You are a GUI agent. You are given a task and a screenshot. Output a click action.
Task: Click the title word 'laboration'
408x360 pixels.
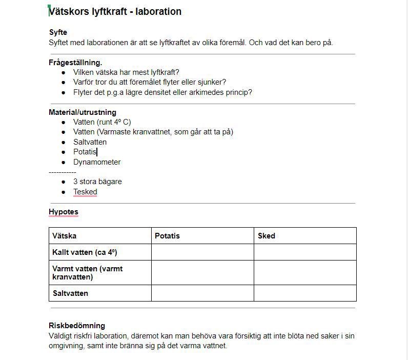click(x=158, y=11)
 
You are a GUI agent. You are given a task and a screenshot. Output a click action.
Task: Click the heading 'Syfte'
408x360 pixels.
click(x=58, y=32)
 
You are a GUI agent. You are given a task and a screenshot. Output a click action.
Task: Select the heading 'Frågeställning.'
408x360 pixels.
click(x=75, y=63)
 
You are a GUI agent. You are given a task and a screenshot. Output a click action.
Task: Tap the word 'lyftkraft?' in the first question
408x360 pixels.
click(x=163, y=72)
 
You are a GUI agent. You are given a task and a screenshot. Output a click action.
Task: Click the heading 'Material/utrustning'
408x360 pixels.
click(x=83, y=112)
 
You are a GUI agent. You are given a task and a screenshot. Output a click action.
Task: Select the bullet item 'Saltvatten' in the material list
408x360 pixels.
click(x=90, y=142)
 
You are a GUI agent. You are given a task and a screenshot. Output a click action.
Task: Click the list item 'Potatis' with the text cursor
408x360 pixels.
click(x=85, y=152)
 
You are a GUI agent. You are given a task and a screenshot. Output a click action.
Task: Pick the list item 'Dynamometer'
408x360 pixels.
click(x=97, y=162)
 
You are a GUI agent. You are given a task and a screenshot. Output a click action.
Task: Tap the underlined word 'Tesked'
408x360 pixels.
click(x=85, y=192)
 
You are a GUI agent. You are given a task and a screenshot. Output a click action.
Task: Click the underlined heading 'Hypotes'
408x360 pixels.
click(x=64, y=211)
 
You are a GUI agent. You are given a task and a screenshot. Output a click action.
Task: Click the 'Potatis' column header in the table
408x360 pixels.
click(x=167, y=236)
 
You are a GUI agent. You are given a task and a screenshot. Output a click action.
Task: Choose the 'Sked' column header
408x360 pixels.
click(x=267, y=236)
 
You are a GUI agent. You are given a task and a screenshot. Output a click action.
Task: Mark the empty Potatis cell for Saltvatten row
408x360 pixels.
click(x=202, y=293)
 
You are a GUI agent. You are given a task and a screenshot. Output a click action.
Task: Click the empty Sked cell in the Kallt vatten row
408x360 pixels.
click(x=305, y=252)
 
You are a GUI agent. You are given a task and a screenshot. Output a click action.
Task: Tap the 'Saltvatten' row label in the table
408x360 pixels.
click(x=70, y=293)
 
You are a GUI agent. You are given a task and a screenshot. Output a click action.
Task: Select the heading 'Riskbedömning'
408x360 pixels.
click(x=77, y=325)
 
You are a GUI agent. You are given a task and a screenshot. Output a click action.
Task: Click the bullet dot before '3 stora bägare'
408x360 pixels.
click(x=64, y=182)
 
